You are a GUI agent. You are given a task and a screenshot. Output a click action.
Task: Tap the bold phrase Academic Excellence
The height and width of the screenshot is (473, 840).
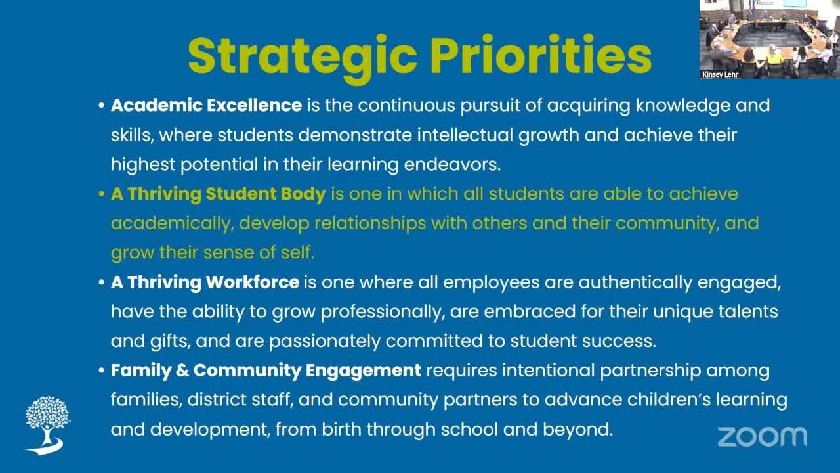pyautogui.click(x=206, y=105)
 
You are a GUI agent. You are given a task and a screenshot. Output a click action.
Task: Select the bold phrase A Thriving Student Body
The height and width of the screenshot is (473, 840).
pyautogui.click(x=219, y=194)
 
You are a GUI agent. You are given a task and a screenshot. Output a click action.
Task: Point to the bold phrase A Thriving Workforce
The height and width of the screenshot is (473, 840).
pyautogui.click(x=205, y=282)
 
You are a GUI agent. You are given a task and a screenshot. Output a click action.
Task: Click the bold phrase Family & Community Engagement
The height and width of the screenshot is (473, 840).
pyautogui.click(x=266, y=371)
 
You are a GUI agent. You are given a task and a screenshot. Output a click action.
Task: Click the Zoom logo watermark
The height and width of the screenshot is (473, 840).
pyautogui.click(x=762, y=436)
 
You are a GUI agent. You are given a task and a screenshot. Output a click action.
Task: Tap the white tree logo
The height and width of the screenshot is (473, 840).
pyautogui.click(x=47, y=424)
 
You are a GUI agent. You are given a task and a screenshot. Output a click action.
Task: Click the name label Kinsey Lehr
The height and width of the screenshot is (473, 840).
pyautogui.click(x=721, y=75)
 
